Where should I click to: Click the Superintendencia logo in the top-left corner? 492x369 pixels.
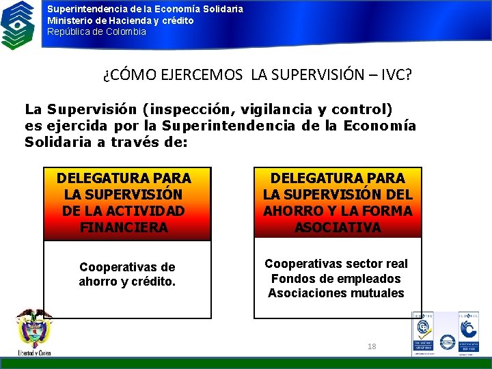[x=18, y=25]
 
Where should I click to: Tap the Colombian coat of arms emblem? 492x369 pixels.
[x=33, y=329]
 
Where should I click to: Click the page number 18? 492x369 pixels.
[x=372, y=346]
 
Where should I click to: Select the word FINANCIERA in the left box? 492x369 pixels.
[x=123, y=228]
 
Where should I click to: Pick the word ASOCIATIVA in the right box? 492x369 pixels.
[x=338, y=228]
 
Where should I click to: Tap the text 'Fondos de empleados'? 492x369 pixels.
[x=336, y=279]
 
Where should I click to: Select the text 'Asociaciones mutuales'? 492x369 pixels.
[x=336, y=293]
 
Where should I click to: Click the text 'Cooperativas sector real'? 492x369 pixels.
[x=336, y=264]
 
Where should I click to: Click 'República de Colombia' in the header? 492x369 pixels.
[x=96, y=32]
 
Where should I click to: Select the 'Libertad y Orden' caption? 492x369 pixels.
[x=34, y=353]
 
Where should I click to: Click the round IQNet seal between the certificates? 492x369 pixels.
[x=448, y=341]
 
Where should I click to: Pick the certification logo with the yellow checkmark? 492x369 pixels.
[x=422, y=332]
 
